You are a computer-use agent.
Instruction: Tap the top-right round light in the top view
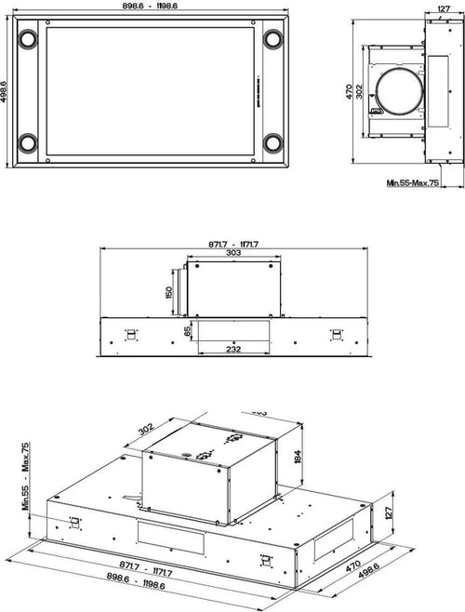tap(273, 40)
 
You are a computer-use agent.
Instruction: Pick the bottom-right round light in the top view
tap(273, 143)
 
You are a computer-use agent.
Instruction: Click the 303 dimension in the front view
tap(233, 252)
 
